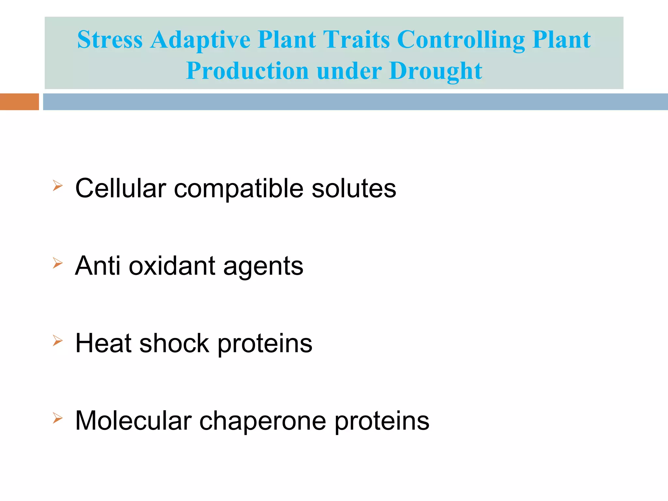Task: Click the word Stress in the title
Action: [110, 40]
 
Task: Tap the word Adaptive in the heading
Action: [200, 40]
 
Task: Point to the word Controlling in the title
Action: [461, 40]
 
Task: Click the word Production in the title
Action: [247, 71]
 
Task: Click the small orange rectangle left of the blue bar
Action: [19, 102]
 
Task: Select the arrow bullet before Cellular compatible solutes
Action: [57, 186]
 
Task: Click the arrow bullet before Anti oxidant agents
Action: [57, 263]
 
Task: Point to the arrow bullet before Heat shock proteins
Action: [57, 341]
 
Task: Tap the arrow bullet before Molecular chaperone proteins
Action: [57, 418]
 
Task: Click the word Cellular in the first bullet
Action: [121, 188]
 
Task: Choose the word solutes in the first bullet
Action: [354, 188]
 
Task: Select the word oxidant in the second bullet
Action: [172, 266]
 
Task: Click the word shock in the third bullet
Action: [174, 343]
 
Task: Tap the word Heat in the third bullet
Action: [103, 343]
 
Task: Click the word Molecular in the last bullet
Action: [133, 421]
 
